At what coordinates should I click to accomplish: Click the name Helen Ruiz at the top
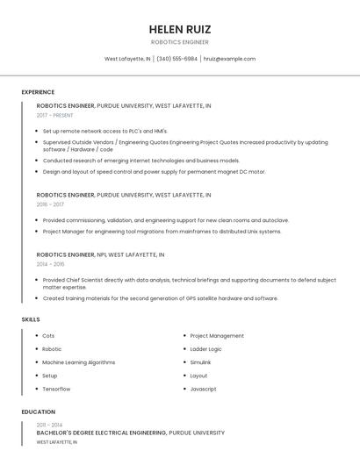(180, 29)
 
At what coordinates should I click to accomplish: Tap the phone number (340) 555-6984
(176, 59)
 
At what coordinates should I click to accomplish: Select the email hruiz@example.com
(229, 59)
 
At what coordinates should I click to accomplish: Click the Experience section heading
(38, 92)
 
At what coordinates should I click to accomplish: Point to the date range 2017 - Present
(54, 115)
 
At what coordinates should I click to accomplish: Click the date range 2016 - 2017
(50, 204)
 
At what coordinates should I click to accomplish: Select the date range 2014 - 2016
(50, 263)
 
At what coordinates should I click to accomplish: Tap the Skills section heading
(31, 319)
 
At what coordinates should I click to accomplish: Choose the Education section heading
(38, 411)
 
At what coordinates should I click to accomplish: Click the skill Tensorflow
(56, 389)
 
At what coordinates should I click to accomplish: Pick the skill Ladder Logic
(205, 349)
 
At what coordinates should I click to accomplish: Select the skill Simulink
(200, 362)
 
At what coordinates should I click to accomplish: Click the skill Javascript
(203, 389)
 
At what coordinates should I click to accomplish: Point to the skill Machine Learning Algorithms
(78, 362)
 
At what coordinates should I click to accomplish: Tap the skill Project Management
(217, 336)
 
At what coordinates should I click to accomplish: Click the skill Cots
(48, 336)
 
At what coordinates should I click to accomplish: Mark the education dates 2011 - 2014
(50, 425)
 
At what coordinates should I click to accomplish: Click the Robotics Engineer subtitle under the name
(180, 42)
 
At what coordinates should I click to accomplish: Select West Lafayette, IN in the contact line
(127, 59)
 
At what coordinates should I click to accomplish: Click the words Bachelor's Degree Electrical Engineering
(101, 433)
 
